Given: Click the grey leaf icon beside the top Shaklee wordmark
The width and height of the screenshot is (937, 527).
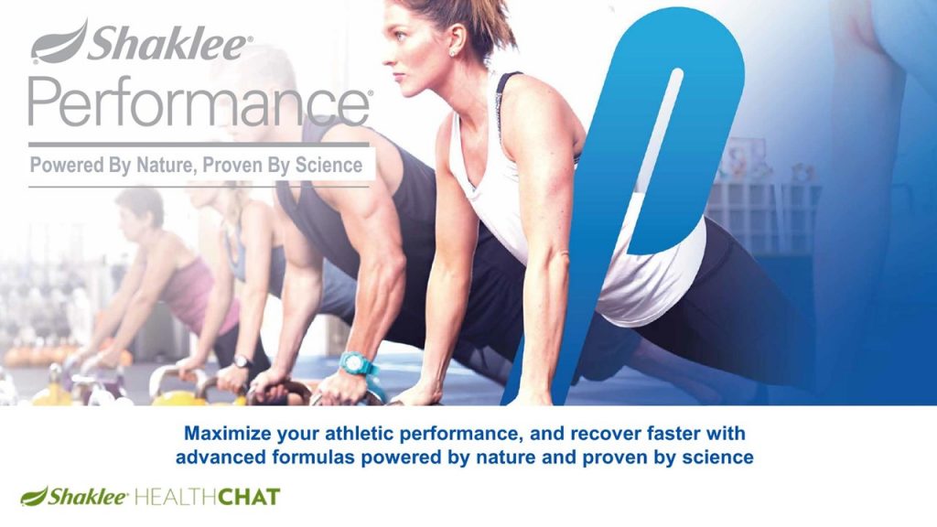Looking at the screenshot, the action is coord(59,42).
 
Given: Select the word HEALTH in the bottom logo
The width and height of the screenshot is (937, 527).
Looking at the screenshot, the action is coord(175,497).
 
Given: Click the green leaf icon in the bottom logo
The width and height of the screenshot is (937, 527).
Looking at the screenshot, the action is coord(34,496).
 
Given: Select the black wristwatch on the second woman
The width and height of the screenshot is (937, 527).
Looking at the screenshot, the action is coord(242,361).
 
